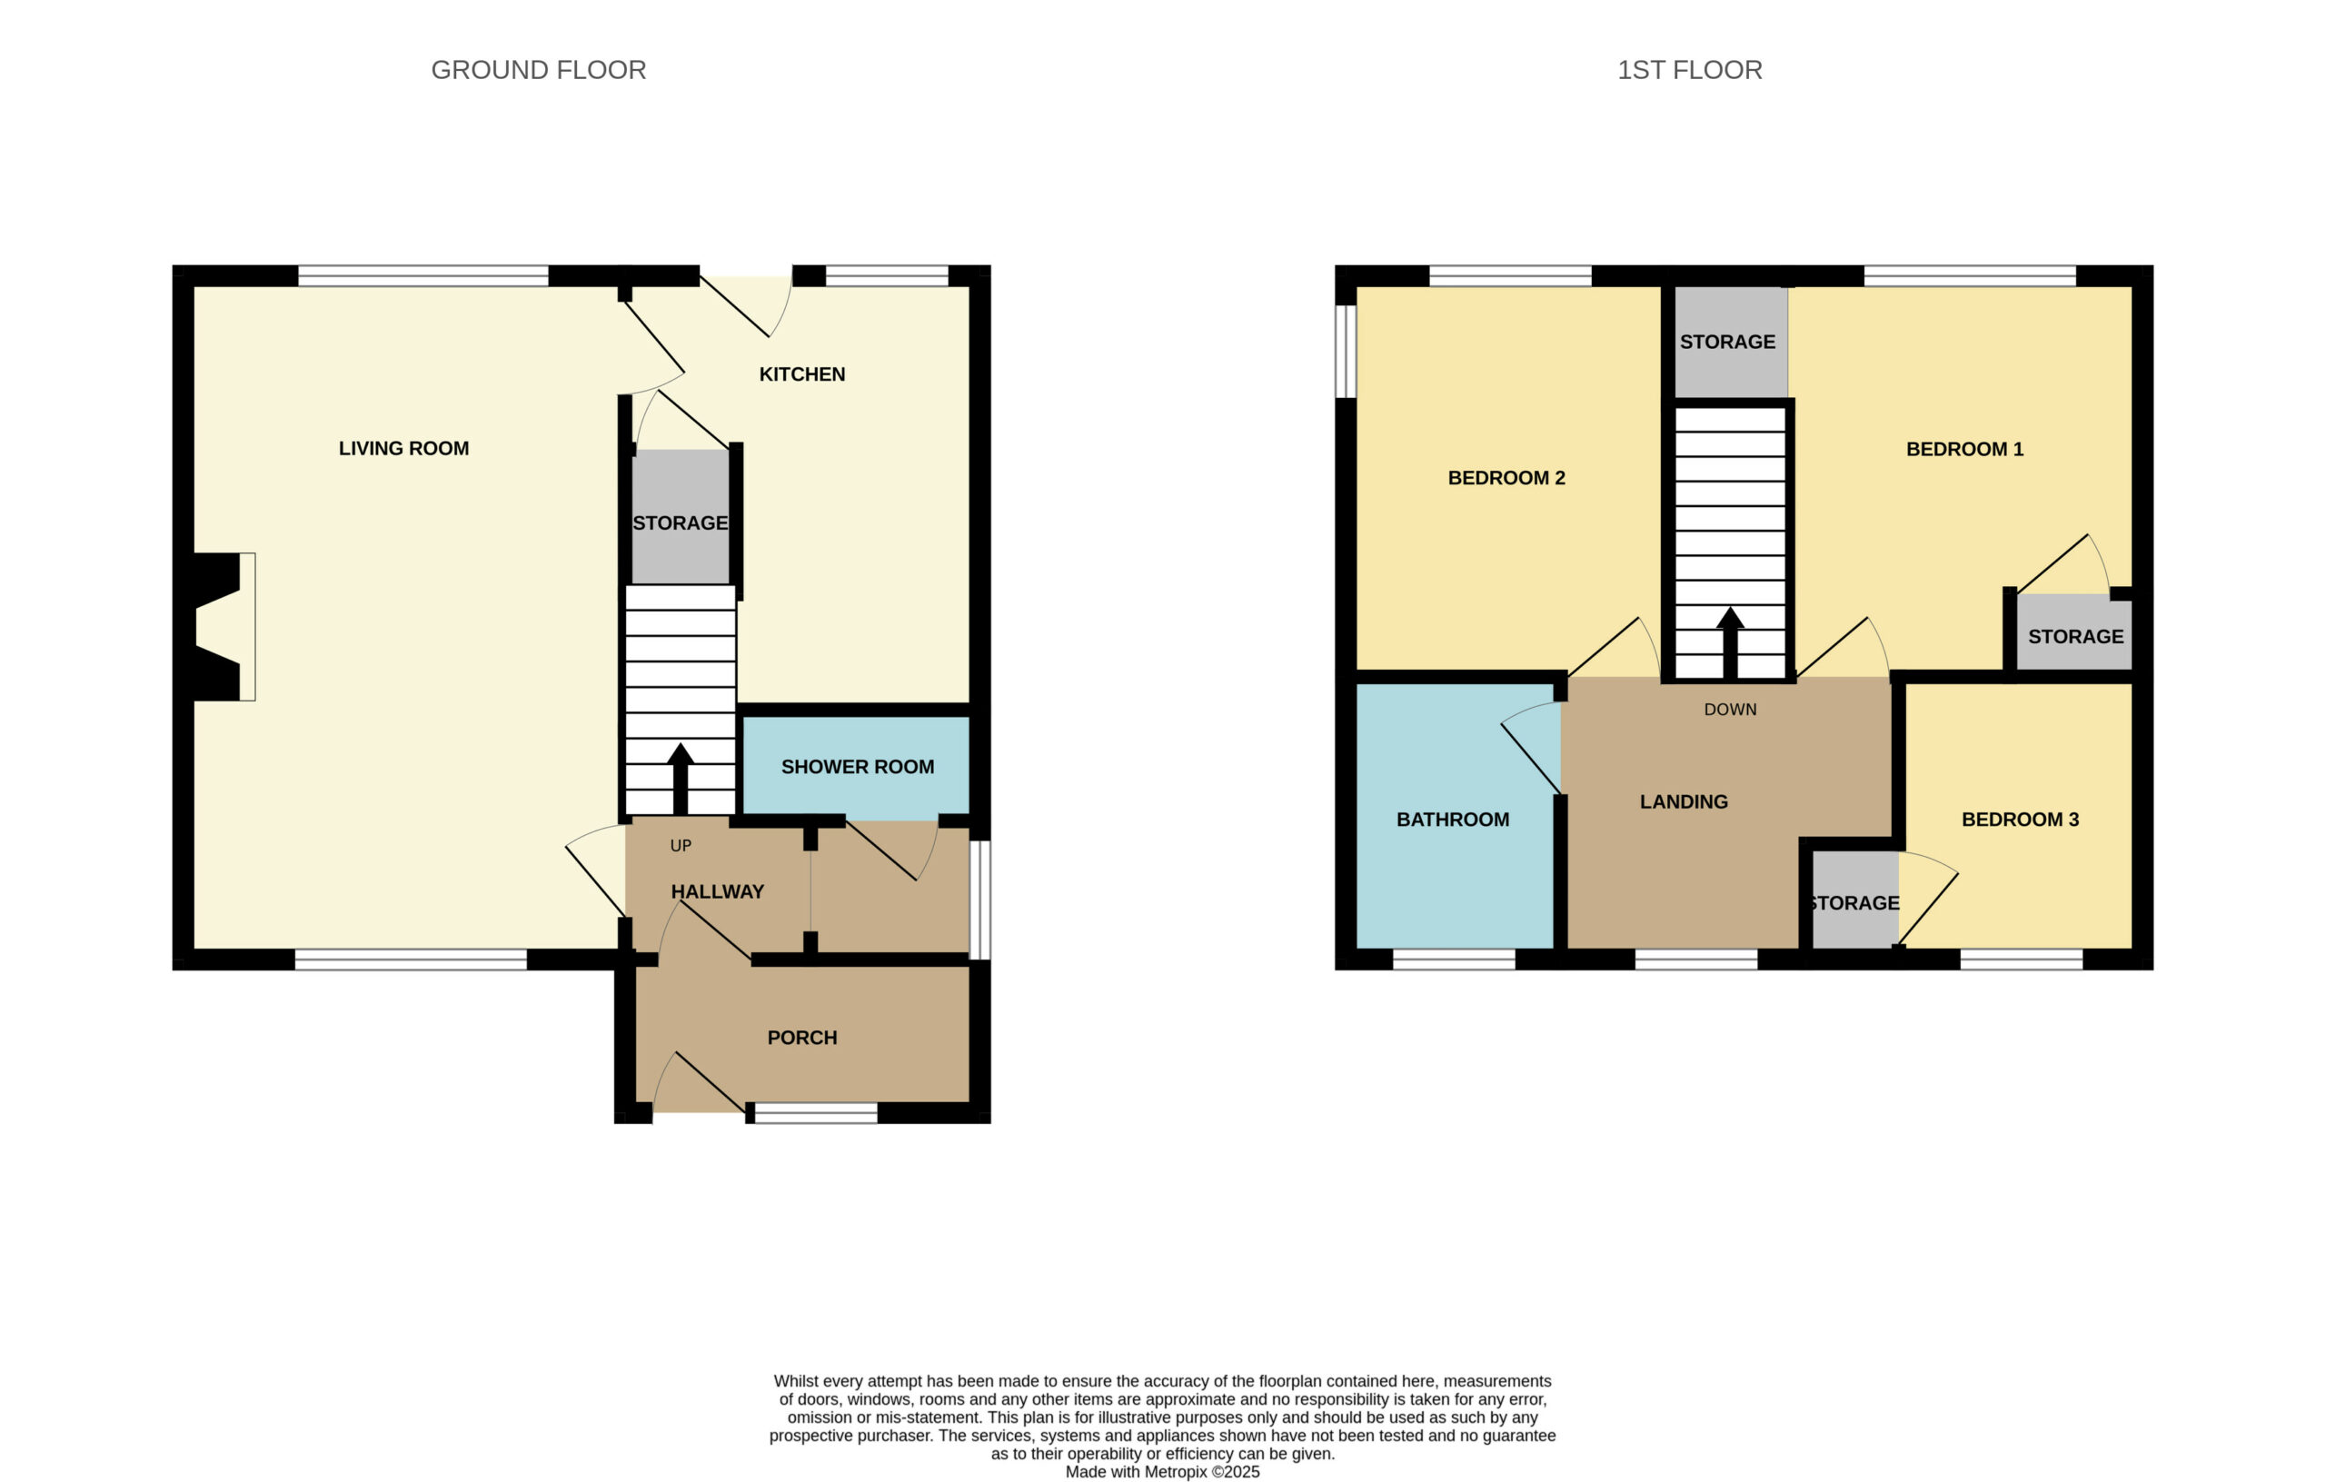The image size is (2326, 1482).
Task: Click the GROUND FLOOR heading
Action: coord(538,71)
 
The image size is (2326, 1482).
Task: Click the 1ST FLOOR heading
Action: coord(1689,71)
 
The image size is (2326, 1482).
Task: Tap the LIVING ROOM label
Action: coord(403,448)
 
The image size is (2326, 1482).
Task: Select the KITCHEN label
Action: coord(801,373)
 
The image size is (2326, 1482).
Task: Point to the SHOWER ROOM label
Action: coord(858,767)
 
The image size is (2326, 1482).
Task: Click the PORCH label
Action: coord(801,1038)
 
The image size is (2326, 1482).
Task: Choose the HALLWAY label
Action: coord(718,891)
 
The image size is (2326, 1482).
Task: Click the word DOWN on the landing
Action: coord(1730,710)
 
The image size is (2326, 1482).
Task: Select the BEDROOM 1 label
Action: coord(1964,449)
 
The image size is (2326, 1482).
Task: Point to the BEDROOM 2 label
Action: coord(1506,478)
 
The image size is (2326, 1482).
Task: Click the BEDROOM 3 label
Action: coord(2020,821)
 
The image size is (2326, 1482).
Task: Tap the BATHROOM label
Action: coord(1453,821)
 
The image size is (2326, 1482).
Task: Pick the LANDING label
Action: coord(1684,801)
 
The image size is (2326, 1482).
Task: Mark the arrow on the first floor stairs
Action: coord(1730,643)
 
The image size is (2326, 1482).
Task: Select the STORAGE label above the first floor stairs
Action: coord(1727,342)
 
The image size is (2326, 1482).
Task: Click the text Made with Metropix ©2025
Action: coord(1163,1472)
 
